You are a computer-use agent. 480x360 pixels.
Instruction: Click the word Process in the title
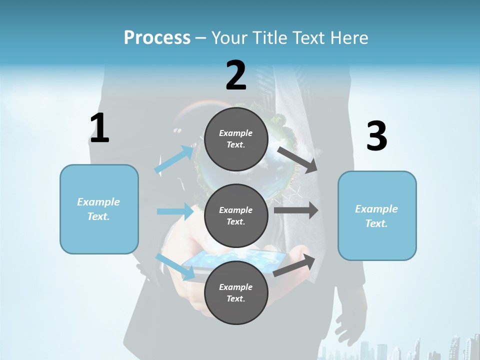157,38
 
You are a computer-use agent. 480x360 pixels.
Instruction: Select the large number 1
99,128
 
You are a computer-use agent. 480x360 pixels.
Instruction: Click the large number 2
236,75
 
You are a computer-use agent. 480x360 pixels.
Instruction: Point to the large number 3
376,136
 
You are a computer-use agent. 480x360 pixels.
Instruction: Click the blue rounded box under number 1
99,209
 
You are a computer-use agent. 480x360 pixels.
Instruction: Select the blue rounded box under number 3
377,215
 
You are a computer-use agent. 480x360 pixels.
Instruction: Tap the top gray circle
236,139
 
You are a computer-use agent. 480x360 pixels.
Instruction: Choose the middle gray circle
236,215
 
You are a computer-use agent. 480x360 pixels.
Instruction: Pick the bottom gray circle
236,292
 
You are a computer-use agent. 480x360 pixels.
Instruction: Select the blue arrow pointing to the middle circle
175,211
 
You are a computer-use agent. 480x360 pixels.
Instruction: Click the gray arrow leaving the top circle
298,159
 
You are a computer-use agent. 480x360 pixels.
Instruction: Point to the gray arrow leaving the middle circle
296,210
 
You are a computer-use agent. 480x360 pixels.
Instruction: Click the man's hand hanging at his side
347,325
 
